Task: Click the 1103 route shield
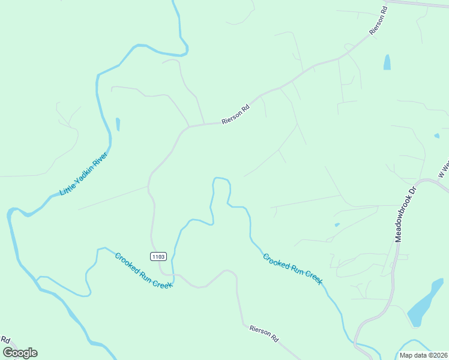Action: point(158,257)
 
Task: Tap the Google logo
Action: point(20,353)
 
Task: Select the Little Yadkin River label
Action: point(84,174)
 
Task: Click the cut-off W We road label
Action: point(444,168)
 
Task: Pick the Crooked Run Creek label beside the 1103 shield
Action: point(143,269)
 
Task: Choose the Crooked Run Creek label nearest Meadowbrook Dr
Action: point(293,269)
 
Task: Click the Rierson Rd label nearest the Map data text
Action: point(265,334)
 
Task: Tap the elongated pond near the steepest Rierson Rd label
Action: point(387,62)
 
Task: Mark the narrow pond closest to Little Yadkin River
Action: point(118,124)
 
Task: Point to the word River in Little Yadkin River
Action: point(100,160)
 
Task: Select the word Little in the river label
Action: point(65,189)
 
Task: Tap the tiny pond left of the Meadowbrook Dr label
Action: point(337,225)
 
